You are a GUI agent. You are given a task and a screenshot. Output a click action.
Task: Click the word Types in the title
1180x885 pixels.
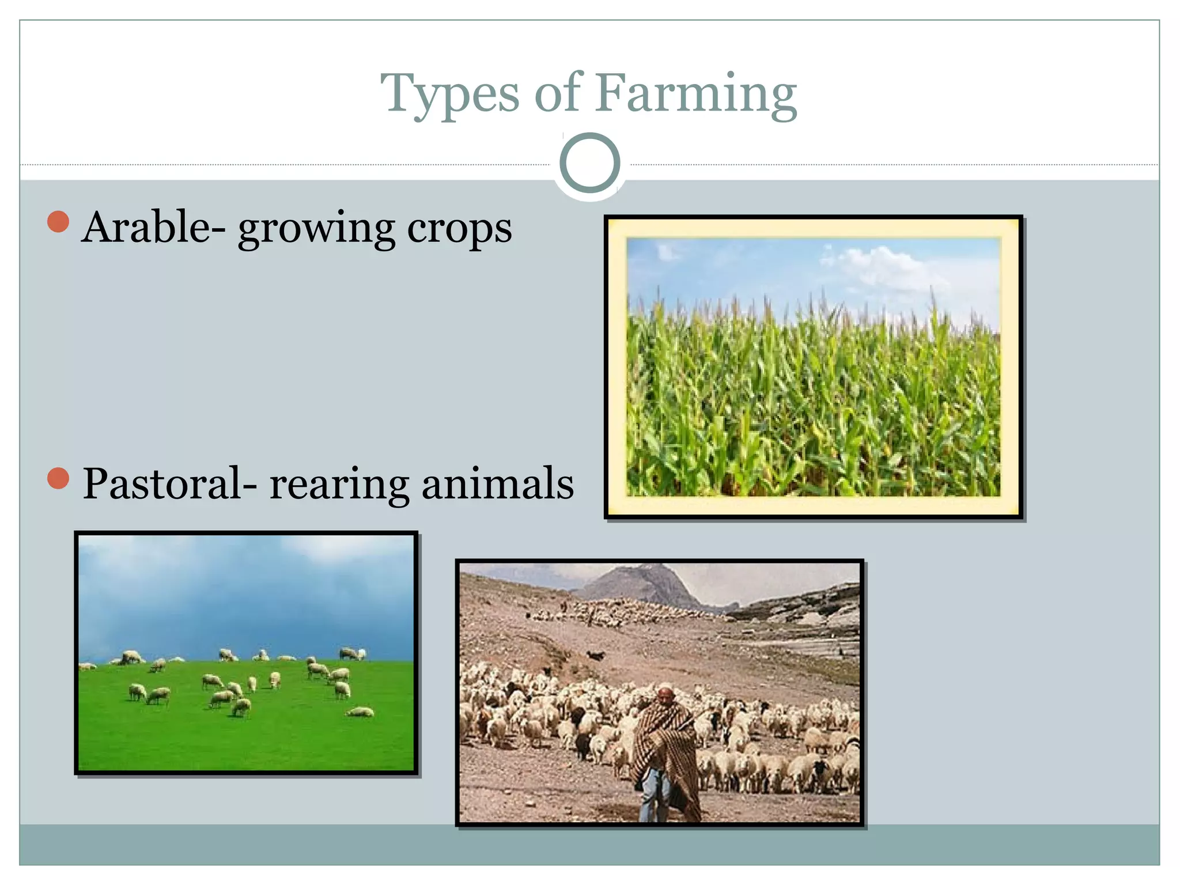(449, 95)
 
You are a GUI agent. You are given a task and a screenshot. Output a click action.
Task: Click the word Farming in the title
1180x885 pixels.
(696, 95)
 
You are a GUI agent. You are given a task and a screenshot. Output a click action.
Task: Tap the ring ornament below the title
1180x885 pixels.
(589, 163)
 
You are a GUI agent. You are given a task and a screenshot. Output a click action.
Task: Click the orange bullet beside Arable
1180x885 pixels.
(58, 222)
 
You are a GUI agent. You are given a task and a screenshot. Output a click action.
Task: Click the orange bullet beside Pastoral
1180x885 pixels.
(58, 478)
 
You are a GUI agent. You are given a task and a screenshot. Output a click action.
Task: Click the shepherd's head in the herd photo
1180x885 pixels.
(665, 695)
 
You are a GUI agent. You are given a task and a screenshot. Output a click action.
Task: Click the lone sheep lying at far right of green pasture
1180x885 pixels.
(360, 713)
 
